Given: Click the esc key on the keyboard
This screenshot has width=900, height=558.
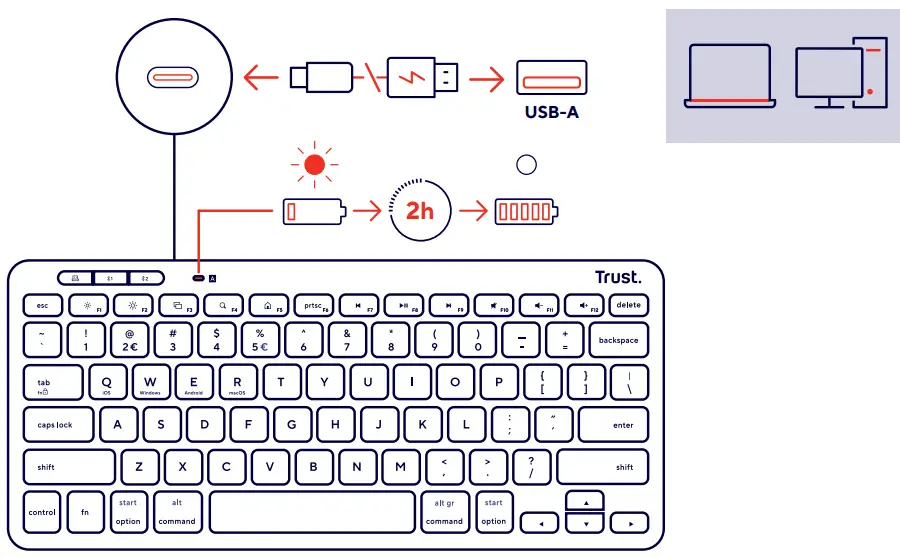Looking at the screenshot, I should [43, 305].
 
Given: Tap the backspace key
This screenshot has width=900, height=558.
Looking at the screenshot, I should [618, 340].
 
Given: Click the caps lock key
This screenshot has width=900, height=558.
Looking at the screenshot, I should [57, 425].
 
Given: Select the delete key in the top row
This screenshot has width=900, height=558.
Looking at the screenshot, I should [628, 305].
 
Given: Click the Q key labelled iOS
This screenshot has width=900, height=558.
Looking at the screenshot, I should [107, 382].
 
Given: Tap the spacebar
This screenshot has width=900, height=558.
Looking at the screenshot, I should [312, 512].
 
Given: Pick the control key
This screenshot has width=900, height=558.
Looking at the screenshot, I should [42, 512].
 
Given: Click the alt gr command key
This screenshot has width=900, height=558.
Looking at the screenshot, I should [444, 512].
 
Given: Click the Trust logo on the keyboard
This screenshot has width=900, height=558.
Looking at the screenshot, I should [618, 277].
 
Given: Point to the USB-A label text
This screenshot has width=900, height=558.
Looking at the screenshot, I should [552, 112].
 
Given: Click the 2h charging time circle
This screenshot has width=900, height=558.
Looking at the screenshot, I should [420, 211].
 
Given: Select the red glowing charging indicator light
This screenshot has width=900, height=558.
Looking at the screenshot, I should [315, 165].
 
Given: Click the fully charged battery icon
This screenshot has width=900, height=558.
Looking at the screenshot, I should [525, 212].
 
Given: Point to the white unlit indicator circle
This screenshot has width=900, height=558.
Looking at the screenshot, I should [526, 165].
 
